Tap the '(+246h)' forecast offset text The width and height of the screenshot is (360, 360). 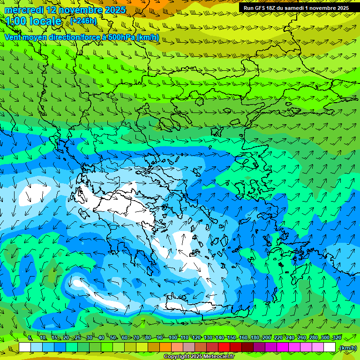pyautogui.click(x=84, y=21)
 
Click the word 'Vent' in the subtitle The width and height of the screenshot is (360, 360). pyautogui.click(x=13, y=37)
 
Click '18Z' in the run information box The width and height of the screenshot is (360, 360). pyautogui.click(x=275, y=8)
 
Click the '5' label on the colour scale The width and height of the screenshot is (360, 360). pyautogui.click(x=30, y=338)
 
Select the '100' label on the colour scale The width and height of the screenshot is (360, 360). pyautogui.click(x=173, y=338)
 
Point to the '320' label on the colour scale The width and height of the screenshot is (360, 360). pyautogui.click(x=337, y=338)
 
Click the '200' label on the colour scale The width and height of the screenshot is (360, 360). pyautogui.click(x=267, y=338)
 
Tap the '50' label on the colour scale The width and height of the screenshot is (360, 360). pyautogui.click(x=113, y=338)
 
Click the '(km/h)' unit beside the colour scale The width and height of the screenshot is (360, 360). pyautogui.click(x=348, y=348)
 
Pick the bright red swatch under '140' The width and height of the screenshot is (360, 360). pyautogui.click(x=224, y=347)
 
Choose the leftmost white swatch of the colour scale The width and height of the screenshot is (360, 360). pyautogui.click(x=25, y=347)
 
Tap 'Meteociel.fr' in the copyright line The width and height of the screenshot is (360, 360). pyautogui.click(x=219, y=357)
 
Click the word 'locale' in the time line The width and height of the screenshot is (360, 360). pyautogui.click(x=44, y=21)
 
